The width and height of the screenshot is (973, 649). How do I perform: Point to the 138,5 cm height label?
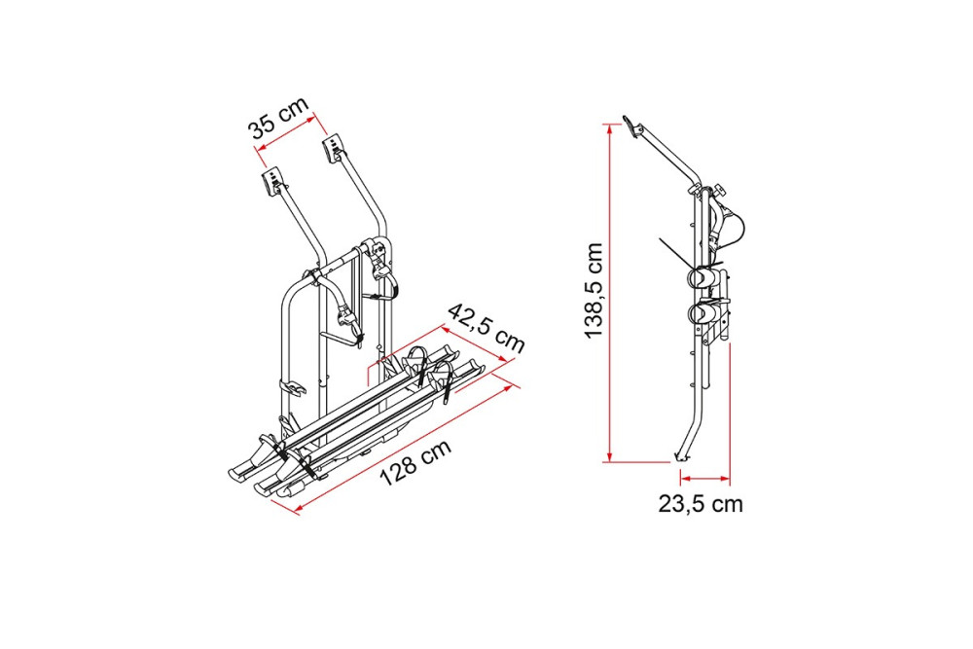point(594,290)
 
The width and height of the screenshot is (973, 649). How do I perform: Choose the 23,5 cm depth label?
point(701,504)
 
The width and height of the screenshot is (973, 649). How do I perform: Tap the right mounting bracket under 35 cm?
point(333,150)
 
